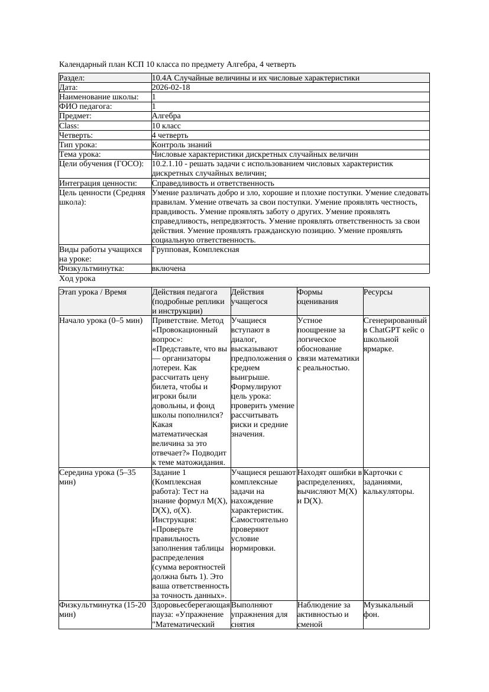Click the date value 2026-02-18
[x=171, y=88]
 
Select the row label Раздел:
[x=72, y=78]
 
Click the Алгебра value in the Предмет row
[x=166, y=116]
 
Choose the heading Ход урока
[x=77, y=279]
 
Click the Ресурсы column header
[x=378, y=292]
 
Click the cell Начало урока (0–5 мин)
[x=101, y=321]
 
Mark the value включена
[x=169, y=269]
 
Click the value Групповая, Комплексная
[x=196, y=250]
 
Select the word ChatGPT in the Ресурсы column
[x=386, y=330]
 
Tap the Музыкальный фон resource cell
[x=388, y=609]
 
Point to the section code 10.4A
[x=163, y=78]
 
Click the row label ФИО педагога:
[x=86, y=106]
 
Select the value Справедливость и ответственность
[x=213, y=183]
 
